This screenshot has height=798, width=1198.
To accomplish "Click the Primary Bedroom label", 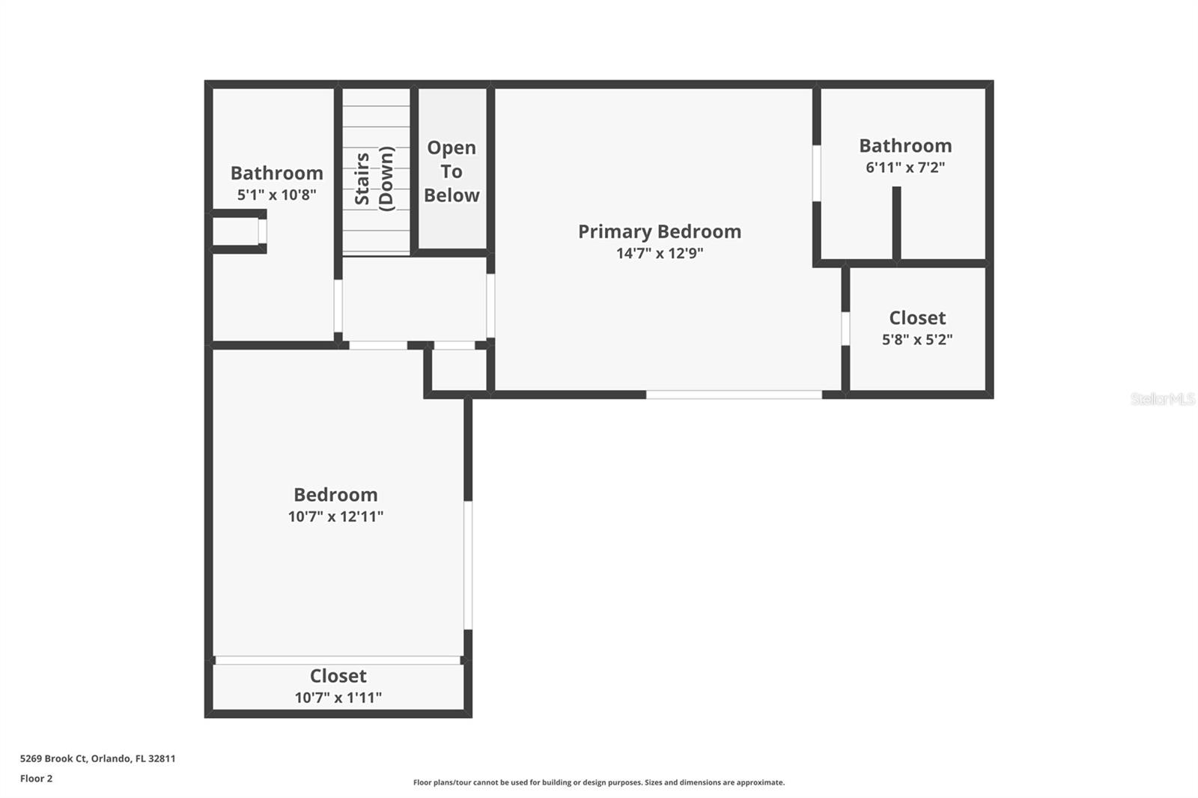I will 659,231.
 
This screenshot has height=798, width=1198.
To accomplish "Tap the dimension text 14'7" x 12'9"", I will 659,253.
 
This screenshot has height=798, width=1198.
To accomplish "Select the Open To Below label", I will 451,171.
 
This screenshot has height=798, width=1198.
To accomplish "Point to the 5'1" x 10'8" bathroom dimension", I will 276,195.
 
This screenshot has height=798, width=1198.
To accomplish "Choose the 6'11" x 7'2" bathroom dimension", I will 905,168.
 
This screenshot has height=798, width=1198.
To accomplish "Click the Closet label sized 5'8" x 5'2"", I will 917,317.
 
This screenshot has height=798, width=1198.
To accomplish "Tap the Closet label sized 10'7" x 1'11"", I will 338,676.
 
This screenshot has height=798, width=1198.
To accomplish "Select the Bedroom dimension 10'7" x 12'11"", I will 335,517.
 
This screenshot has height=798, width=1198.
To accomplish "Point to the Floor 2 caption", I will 36,779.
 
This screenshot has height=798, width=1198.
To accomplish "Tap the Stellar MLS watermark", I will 1162,399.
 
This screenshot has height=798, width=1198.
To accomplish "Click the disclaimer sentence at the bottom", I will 599,782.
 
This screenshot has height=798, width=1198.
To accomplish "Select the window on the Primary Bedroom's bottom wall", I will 734,395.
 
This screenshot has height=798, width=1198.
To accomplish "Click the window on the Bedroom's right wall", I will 468,565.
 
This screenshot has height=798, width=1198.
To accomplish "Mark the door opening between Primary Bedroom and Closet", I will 845,329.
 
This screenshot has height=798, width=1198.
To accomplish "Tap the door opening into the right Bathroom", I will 816,173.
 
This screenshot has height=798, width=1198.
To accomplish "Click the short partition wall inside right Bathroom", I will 896,222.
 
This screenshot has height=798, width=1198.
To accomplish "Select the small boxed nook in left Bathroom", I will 237,231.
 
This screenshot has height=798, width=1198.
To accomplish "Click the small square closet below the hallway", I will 459,370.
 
